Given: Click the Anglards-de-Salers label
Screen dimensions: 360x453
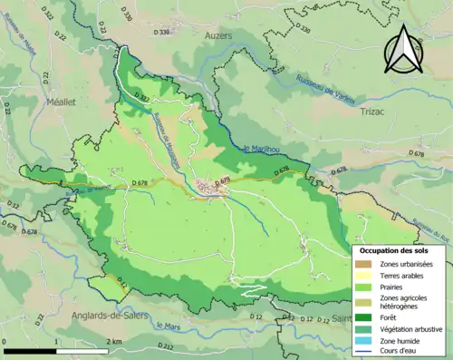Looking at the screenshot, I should (x=108, y=315).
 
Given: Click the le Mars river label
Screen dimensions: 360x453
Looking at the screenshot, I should (x=168, y=325).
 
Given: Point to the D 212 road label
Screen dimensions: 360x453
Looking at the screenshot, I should (x=166, y=346).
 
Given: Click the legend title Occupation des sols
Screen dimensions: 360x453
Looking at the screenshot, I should (x=395, y=249).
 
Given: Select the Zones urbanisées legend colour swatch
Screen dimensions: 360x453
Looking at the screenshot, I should (x=366, y=264).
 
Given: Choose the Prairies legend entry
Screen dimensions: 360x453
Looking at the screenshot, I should (x=395, y=287).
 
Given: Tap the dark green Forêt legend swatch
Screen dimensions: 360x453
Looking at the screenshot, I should (x=366, y=317).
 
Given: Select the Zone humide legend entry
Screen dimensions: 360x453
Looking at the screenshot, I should (x=403, y=341).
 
